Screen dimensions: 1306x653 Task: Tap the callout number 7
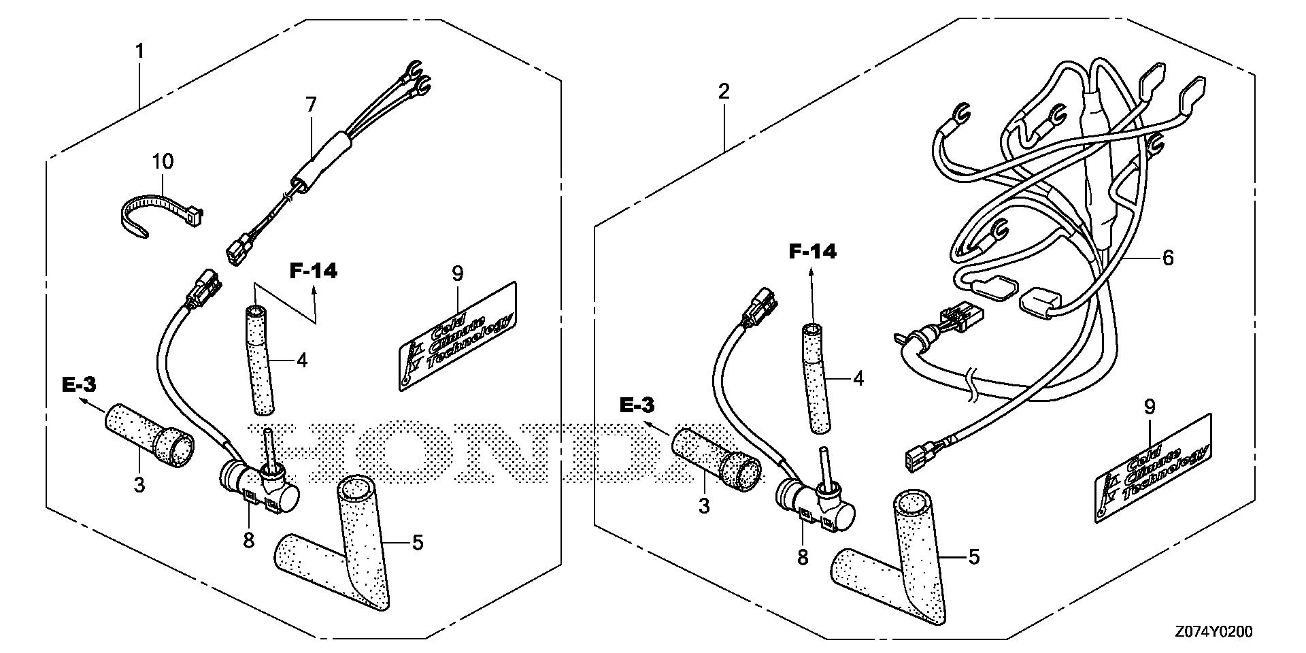[311, 105]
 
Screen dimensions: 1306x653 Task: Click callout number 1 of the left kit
[140, 50]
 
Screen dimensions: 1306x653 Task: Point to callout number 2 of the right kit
[724, 91]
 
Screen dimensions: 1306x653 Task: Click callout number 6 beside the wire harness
[1168, 258]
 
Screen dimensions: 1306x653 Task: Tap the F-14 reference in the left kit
[314, 271]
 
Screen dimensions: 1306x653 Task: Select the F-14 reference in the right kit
[812, 252]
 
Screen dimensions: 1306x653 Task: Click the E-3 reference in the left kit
[79, 385]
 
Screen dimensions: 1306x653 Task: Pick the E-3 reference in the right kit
[637, 405]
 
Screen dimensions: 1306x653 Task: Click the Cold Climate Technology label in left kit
[457, 336]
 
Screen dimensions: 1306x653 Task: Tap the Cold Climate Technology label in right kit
[1152, 468]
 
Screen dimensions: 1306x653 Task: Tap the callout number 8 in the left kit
[248, 541]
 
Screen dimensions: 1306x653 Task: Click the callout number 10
[163, 162]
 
